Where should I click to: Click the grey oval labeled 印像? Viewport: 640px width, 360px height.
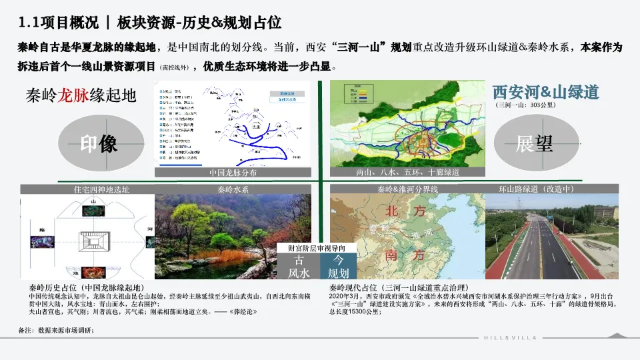coord(99,144)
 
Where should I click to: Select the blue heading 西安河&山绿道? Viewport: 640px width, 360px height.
coord(545,92)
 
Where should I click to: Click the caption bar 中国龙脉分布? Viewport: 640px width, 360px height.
coord(233,173)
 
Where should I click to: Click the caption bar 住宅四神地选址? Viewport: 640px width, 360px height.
coord(101,189)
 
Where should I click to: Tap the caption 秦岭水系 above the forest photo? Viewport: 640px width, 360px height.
coord(233,189)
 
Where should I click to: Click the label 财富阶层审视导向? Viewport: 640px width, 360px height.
coord(317,248)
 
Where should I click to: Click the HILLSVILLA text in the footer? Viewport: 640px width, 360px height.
coord(510,338)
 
